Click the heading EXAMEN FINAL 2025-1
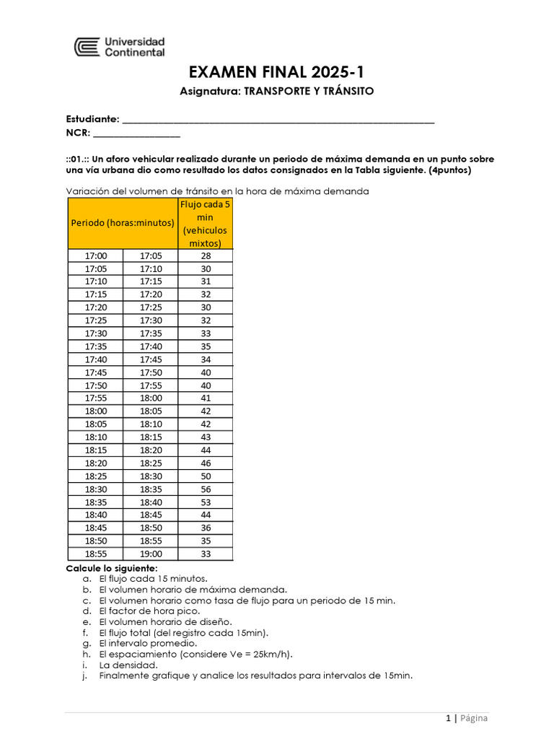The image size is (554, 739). (276, 72)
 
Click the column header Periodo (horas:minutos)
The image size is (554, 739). (123, 223)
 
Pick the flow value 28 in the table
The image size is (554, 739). (206, 256)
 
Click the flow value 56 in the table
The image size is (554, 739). (206, 489)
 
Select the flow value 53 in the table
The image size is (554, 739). (206, 502)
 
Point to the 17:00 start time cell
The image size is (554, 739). (96, 256)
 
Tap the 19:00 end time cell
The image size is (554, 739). (151, 554)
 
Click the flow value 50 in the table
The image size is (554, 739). (206, 476)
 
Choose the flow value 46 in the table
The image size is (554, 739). (206, 463)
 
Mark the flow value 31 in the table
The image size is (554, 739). (206, 281)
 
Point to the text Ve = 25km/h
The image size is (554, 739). (263, 654)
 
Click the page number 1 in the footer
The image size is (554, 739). (448, 718)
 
